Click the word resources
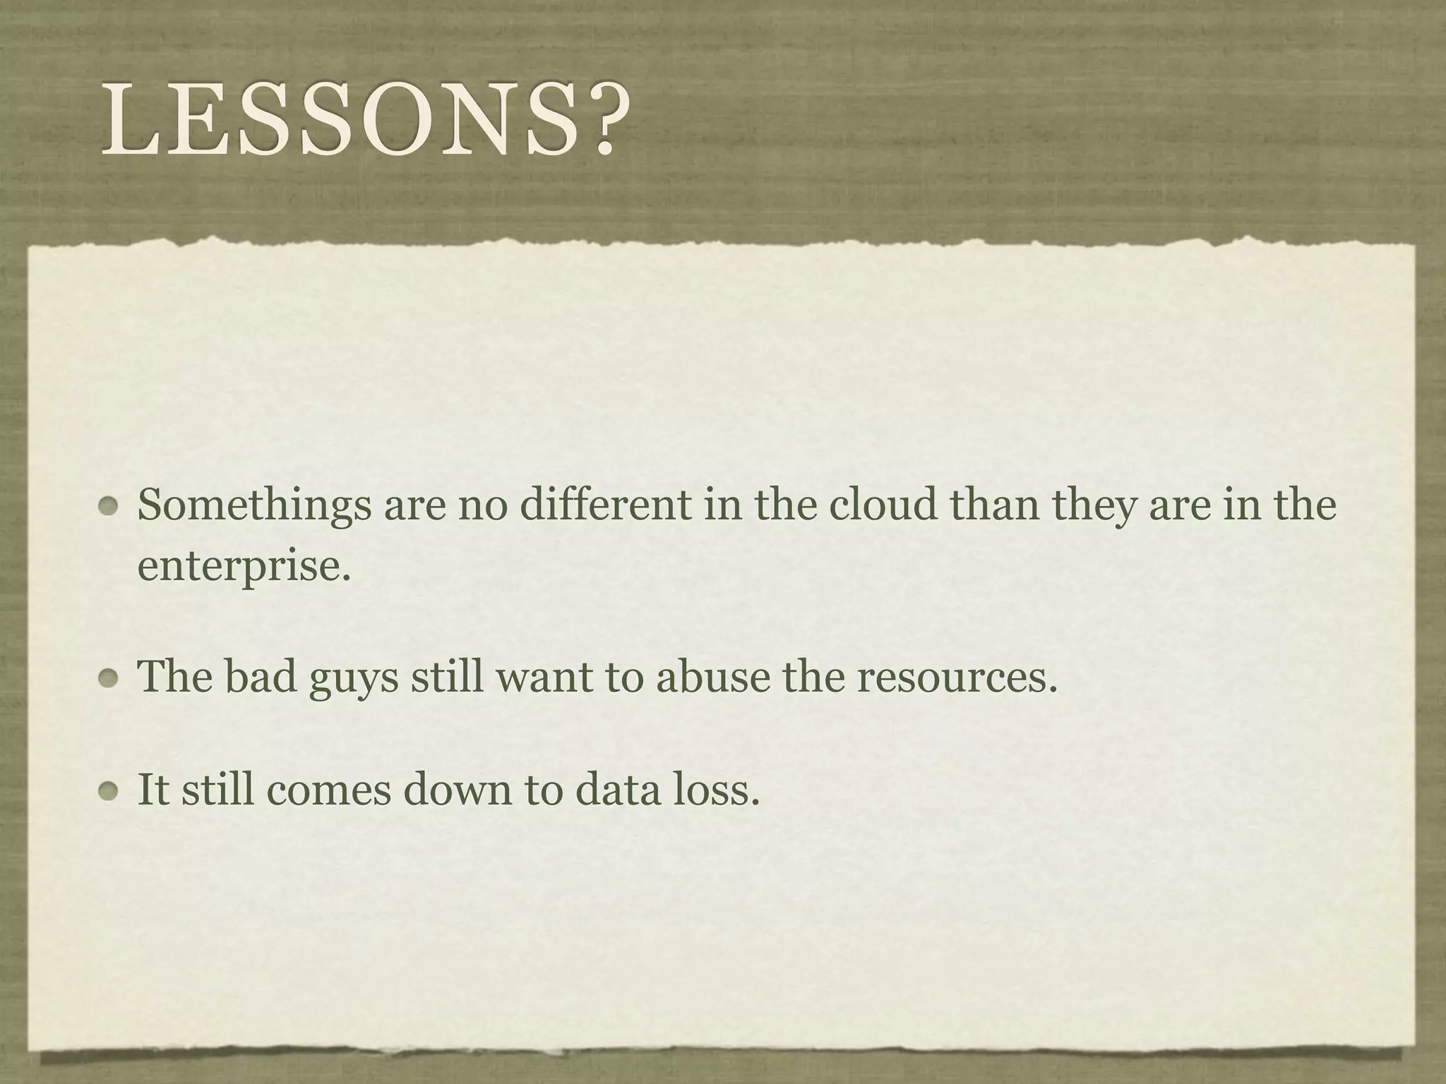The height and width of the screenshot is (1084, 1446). point(957,677)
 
